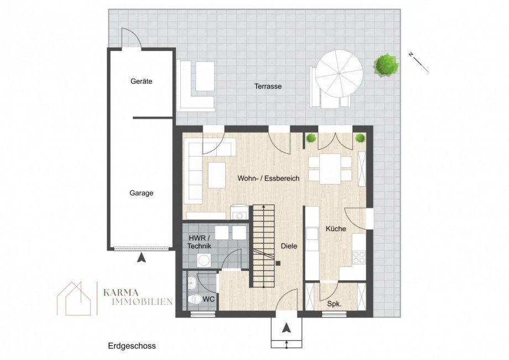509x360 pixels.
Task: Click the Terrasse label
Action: coord(268,86)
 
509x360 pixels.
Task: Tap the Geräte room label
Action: coord(141,81)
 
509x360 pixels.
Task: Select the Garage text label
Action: coord(141,193)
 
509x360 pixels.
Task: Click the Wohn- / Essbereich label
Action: coord(268,179)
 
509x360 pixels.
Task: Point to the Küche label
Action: coord(336,228)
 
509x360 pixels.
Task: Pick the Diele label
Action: coord(289,247)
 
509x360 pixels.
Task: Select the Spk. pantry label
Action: coord(334,304)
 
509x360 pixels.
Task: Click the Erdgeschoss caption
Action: coord(132,346)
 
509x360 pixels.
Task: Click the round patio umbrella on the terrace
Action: coord(339,73)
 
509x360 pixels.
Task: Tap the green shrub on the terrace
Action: coord(386,65)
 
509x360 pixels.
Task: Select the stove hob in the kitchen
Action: coord(359,257)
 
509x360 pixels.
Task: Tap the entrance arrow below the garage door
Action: coord(142,257)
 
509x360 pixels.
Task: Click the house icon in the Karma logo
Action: coord(75,299)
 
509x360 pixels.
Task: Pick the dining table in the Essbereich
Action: coord(330,169)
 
